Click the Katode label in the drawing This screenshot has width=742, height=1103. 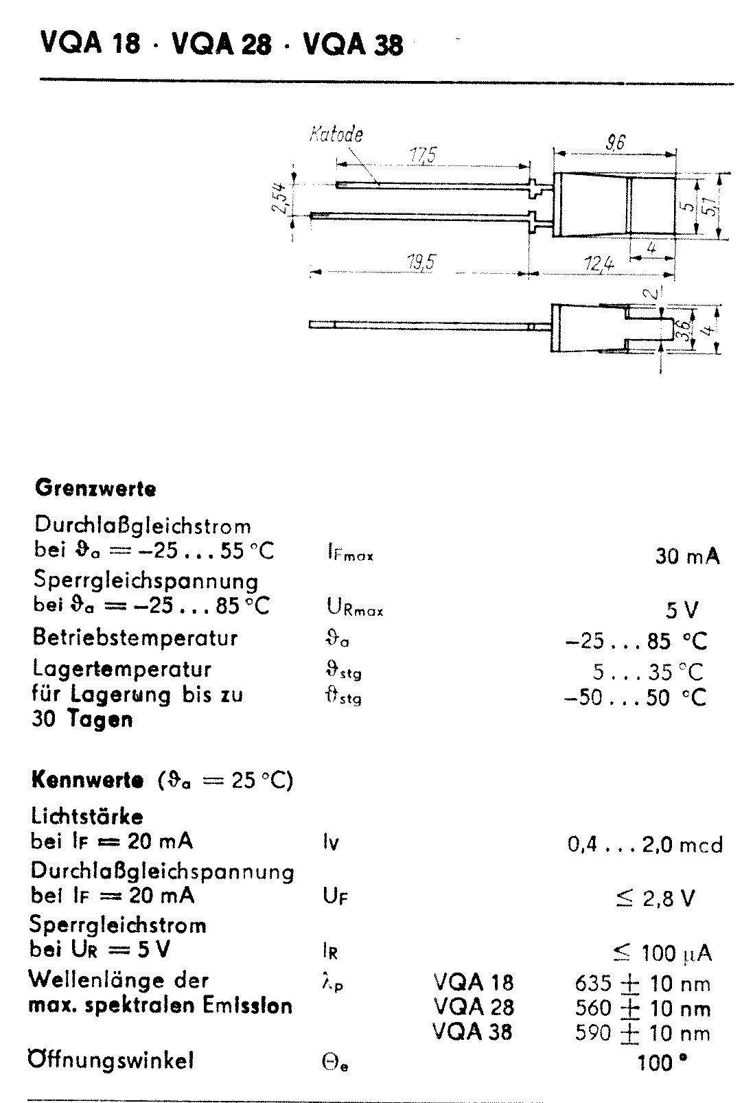336,134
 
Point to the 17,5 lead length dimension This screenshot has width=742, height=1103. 423,156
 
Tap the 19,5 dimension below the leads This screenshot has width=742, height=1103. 420,262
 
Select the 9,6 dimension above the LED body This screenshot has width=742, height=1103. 615,143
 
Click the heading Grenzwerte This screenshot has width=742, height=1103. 95,489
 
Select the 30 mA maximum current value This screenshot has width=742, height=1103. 687,556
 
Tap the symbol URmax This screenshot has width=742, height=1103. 354,607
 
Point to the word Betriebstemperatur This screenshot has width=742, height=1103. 135,638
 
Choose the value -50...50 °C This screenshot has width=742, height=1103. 634,698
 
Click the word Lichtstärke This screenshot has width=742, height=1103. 87,816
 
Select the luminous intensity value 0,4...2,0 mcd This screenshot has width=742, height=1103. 645,844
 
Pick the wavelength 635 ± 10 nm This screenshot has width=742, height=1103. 642,983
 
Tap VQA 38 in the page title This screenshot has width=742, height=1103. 353,45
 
